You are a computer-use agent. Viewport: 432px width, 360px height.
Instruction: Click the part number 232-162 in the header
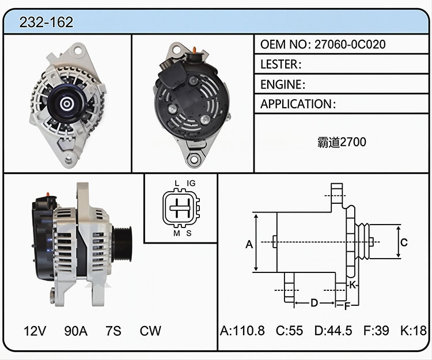coord(46,22)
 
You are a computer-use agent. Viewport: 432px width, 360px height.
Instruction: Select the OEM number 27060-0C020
coord(350,44)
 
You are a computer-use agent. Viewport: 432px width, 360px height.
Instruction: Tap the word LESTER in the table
coord(279,64)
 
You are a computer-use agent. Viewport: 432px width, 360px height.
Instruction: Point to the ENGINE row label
coord(281,84)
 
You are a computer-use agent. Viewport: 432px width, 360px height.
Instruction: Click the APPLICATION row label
coord(297,104)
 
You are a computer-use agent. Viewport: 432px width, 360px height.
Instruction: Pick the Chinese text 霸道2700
coord(342,142)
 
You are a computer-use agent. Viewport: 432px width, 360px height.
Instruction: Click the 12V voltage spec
coord(35,331)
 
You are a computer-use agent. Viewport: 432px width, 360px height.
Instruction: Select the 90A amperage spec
coord(76,331)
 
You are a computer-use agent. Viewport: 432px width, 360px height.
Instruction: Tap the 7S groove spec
coord(113,331)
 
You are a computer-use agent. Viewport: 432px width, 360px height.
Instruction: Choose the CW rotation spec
coord(150,331)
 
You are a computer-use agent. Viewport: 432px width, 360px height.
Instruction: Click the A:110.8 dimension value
coord(242,331)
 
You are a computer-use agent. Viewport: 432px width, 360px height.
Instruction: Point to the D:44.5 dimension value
coord(333,331)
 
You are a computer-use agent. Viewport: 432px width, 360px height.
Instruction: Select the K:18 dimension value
coord(413,331)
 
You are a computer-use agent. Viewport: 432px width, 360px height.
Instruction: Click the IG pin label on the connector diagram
coord(191,183)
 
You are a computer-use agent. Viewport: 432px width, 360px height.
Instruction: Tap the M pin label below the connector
coord(177,234)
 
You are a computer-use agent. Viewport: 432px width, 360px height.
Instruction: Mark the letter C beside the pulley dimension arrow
coord(404,242)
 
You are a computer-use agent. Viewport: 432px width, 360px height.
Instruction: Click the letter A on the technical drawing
coord(249,244)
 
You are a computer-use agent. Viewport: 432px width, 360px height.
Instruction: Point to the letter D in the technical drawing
coord(314,303)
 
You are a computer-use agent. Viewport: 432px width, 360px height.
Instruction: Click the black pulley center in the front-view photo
coord(66,104)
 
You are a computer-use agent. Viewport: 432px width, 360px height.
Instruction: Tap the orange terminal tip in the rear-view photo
coord(195,50)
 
